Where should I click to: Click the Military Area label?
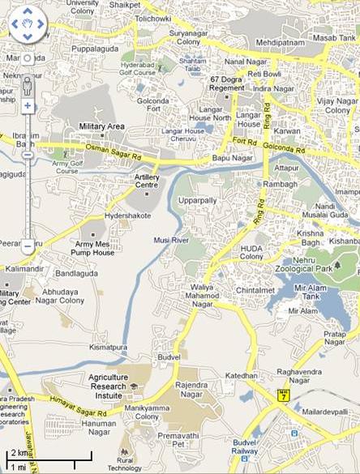pyautogui.click(x=101, y=127)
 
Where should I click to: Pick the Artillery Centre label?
pyautogui.click(x=147, y=181)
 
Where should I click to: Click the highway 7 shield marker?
pyautogui.click(x=281, y=396)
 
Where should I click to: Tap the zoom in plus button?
pyautogui.click(x=27, y=106)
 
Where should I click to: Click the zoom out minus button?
pyautogui.click(x=27, y=245)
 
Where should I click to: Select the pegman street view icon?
pyautogui.click(x=27, y=83)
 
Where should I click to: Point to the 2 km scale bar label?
pyautogui.click(x=18, y=453)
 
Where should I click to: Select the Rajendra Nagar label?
pyautogui.click(x=192, y=390)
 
